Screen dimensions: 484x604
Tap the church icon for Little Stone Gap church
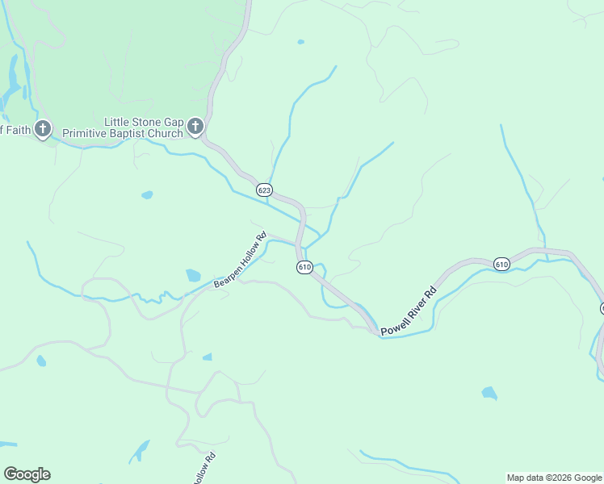[195, 127]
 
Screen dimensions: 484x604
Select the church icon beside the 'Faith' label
[42, 128]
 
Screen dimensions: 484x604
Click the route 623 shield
[264, 190]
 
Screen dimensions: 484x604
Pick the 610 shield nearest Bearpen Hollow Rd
[304, 267]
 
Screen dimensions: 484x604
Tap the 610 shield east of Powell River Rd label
[501, 264]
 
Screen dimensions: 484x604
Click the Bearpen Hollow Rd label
[240, 261]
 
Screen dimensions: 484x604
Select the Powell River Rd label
[409, 310]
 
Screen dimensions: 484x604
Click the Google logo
[27, 474]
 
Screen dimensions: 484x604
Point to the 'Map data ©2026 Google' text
[555, 478]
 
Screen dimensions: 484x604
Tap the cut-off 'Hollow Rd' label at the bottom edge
[204, 469]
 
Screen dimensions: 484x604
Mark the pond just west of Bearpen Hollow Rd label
[193, 275]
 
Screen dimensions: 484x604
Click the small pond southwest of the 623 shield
[147, 194]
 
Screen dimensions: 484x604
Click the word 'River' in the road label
[412, 307]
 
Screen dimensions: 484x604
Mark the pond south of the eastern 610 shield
[489, 393]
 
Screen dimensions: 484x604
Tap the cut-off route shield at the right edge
[602, 308]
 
